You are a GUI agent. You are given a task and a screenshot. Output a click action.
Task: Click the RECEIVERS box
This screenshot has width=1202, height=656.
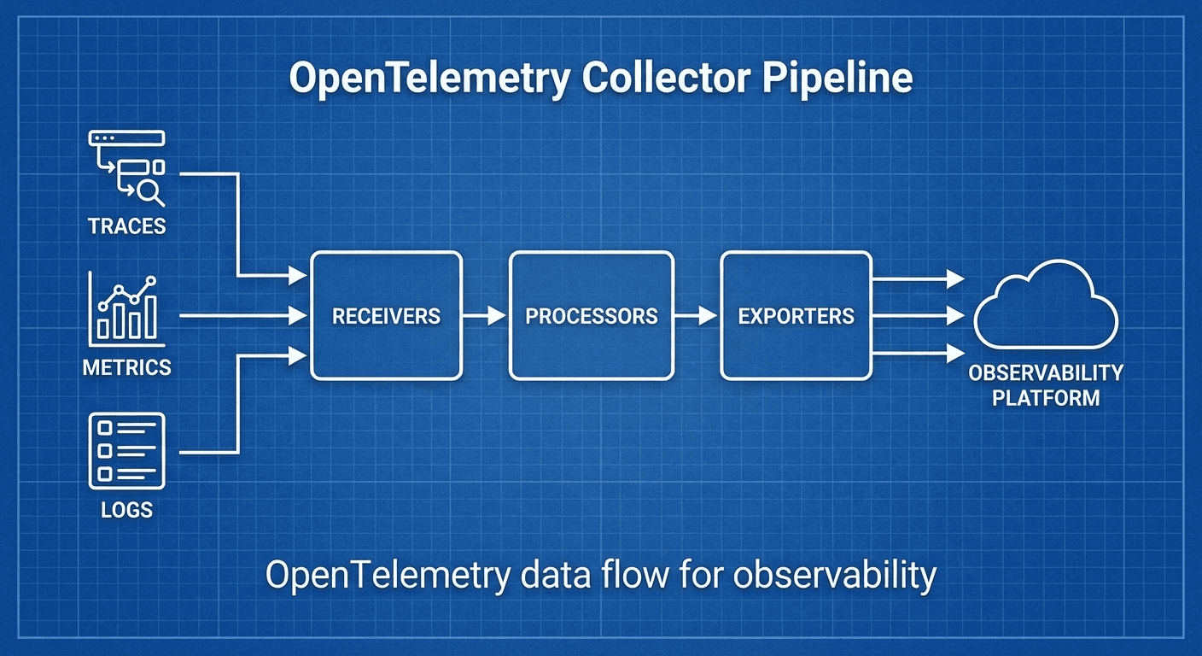point(386,315)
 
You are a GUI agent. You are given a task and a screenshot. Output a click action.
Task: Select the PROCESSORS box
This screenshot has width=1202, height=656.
point(591,315)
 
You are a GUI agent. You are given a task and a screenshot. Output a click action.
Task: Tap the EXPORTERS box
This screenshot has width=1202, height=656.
point(796,315)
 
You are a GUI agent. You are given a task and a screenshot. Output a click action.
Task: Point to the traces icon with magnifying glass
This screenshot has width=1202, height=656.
point(127,168)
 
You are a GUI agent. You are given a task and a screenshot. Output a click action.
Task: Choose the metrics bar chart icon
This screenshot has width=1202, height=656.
point(126,307)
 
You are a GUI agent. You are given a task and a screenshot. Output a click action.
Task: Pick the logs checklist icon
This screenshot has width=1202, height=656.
point(126,450)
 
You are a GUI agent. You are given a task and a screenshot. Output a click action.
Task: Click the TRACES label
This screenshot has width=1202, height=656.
point(126,226)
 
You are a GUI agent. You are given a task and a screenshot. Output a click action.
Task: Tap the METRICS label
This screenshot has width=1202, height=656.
point(126,368)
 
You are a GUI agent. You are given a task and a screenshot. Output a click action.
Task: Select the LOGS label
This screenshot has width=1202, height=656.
point(126,510)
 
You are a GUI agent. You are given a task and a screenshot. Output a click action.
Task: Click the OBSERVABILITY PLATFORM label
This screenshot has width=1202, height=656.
point(1046,385)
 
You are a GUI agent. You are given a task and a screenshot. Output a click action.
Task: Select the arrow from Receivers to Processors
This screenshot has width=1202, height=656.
point(485,316)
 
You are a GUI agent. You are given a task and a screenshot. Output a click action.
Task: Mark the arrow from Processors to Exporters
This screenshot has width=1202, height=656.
point(696,316)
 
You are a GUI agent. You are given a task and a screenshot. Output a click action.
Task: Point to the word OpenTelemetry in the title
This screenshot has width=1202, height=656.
point(429,79)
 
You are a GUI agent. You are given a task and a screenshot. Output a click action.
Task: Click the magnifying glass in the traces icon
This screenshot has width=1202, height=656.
point(150,194)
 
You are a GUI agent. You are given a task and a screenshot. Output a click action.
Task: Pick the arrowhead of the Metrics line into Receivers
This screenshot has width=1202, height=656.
point(298,316)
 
